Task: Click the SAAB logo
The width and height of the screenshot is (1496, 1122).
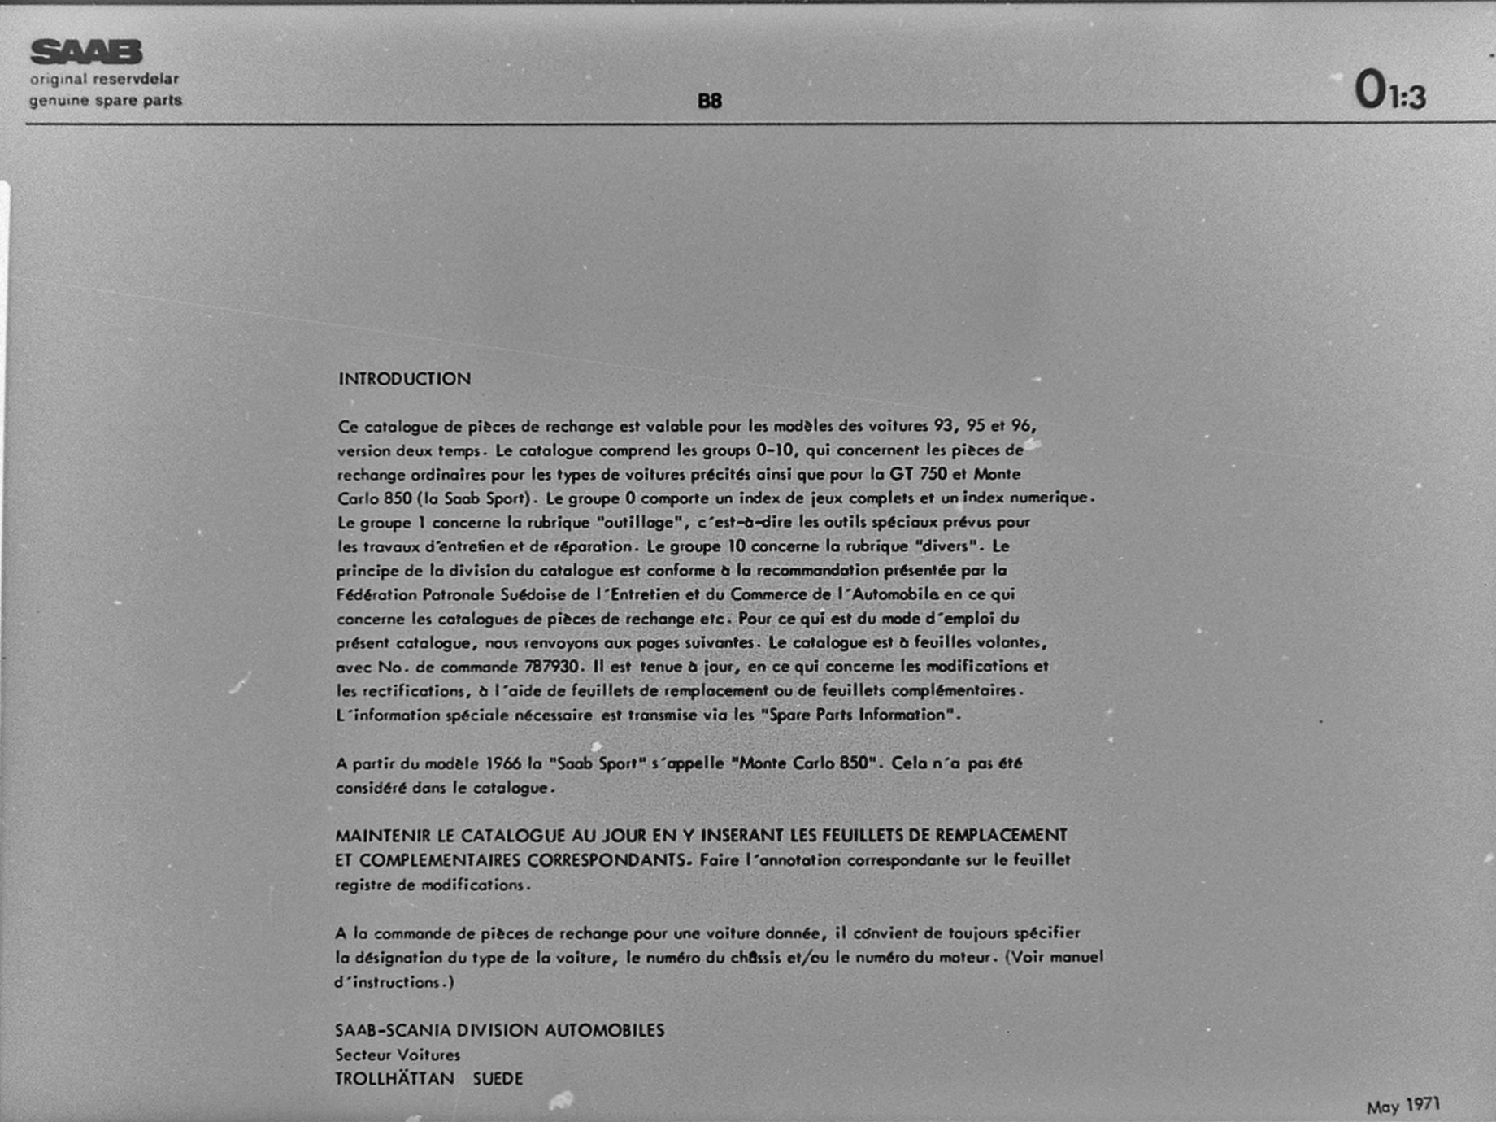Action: [86, 52]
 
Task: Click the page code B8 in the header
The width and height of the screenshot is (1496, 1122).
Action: [710, 101]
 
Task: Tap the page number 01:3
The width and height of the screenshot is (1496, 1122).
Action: [1389, 90]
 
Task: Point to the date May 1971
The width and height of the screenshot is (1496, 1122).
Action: [1402, 1106]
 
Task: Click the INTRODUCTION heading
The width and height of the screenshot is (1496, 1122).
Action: [404, 379]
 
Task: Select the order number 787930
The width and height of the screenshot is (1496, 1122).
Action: [551, 667]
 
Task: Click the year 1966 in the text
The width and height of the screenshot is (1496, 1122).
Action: [503, 763]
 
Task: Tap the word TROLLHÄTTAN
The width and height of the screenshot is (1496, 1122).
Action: [394, 1079]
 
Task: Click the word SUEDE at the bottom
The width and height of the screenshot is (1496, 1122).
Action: [498, 1079]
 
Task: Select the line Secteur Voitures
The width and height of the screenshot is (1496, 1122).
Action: [398, 1055]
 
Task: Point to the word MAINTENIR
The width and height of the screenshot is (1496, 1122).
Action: [381, 836]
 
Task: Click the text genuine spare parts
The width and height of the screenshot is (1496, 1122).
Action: [106, 101]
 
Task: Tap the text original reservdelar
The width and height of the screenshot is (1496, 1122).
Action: [104, 79]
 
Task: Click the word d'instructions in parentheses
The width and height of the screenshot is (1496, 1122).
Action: [387, 982]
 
